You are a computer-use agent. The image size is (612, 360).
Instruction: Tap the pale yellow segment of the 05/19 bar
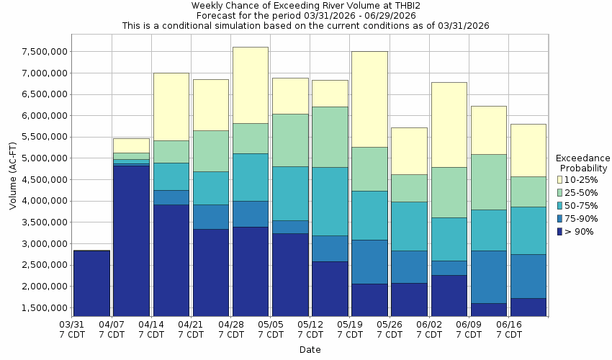369,99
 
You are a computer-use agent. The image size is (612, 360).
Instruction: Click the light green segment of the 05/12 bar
330,137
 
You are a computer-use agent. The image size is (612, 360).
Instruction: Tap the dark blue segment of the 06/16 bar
528,307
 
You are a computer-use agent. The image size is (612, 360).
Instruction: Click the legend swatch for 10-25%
559,179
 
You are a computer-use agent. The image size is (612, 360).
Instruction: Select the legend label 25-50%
580,192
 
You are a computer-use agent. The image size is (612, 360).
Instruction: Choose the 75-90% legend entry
580,218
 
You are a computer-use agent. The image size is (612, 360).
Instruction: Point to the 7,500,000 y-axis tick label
43,52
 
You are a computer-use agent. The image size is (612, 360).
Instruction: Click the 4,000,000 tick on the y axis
43,202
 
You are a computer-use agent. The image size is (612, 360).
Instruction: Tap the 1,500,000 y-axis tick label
43,308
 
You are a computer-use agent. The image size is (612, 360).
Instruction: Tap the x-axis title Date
310,350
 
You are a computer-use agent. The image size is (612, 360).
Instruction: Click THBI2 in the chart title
387,5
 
